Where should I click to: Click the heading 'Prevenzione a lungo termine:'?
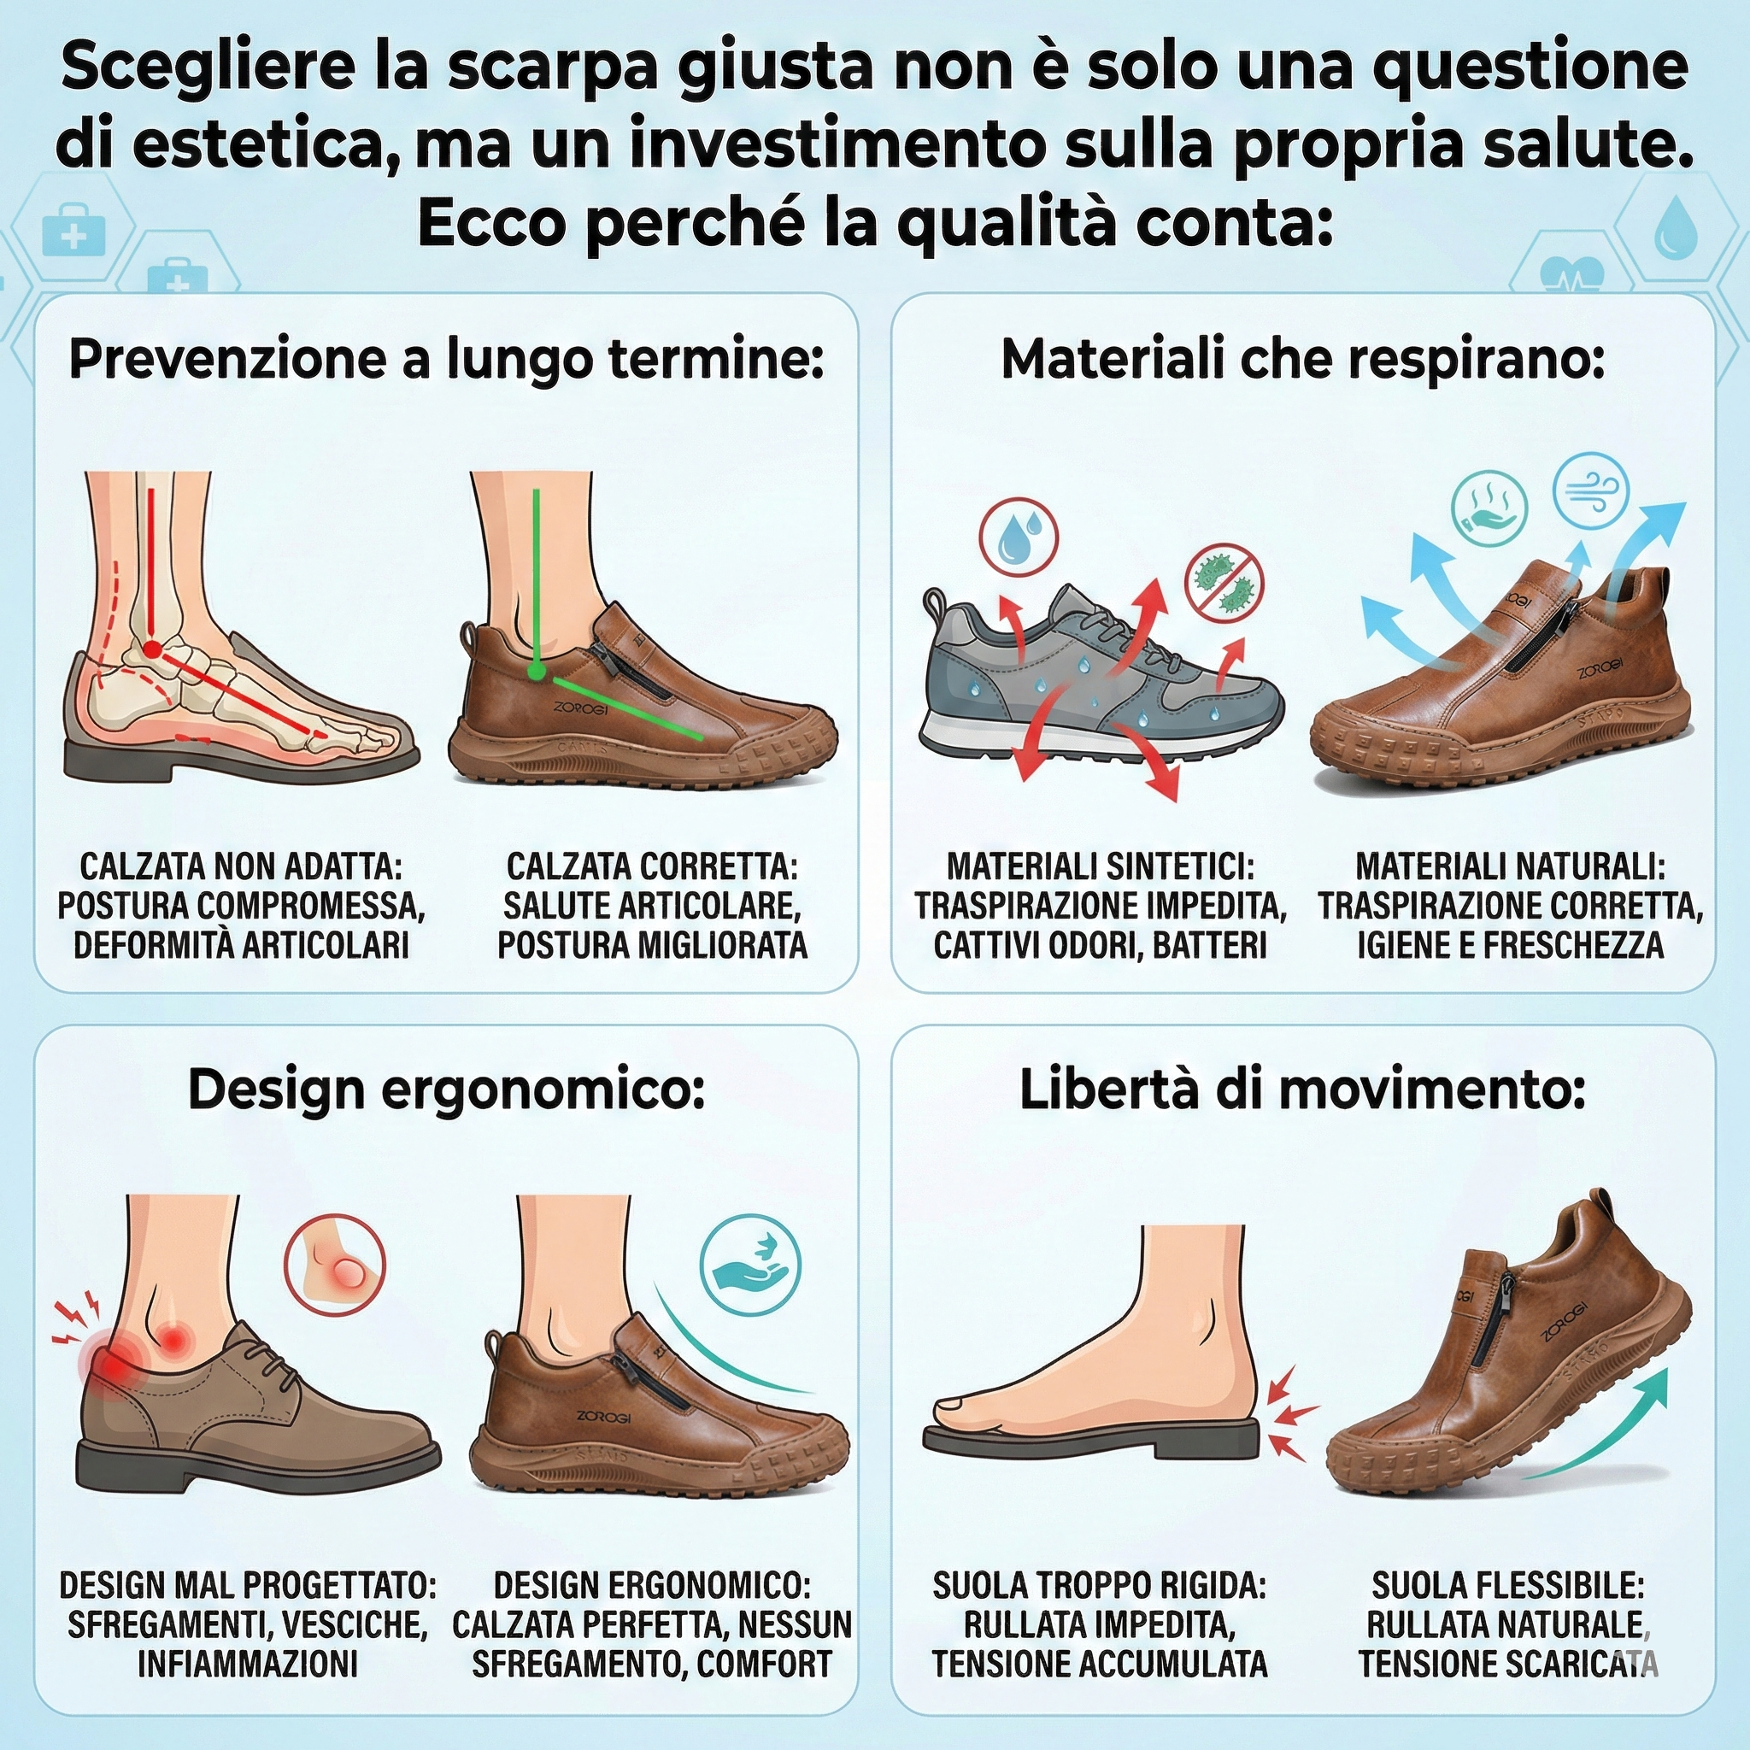[x=448, y=361]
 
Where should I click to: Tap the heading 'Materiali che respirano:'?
[x=1302, y=361]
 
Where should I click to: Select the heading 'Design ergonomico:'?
[x=447, y=1091]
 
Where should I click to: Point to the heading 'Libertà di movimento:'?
[x=1302, y=1090]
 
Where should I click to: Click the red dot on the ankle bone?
[x=152, y=649]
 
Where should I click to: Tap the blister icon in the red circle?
[x=334, y=1265]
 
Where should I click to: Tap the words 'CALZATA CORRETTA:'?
[x=652, y=866]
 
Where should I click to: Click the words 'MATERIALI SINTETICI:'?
[x=1101, y=866]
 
